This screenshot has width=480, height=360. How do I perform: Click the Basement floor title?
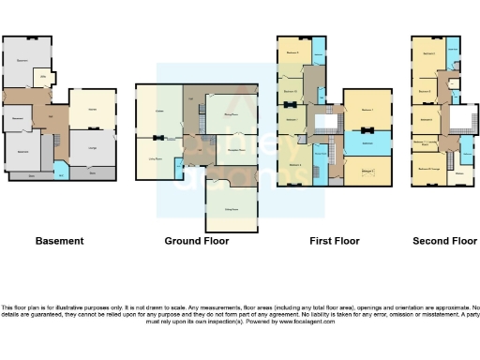[59, 241]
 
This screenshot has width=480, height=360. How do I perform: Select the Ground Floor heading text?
[197, 241]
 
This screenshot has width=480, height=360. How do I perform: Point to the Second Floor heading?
[444, 241]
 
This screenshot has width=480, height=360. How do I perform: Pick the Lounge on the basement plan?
[93, 147]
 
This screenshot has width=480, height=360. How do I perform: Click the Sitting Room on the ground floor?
[231, 197]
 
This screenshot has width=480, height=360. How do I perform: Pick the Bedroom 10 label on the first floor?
[290, 91]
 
